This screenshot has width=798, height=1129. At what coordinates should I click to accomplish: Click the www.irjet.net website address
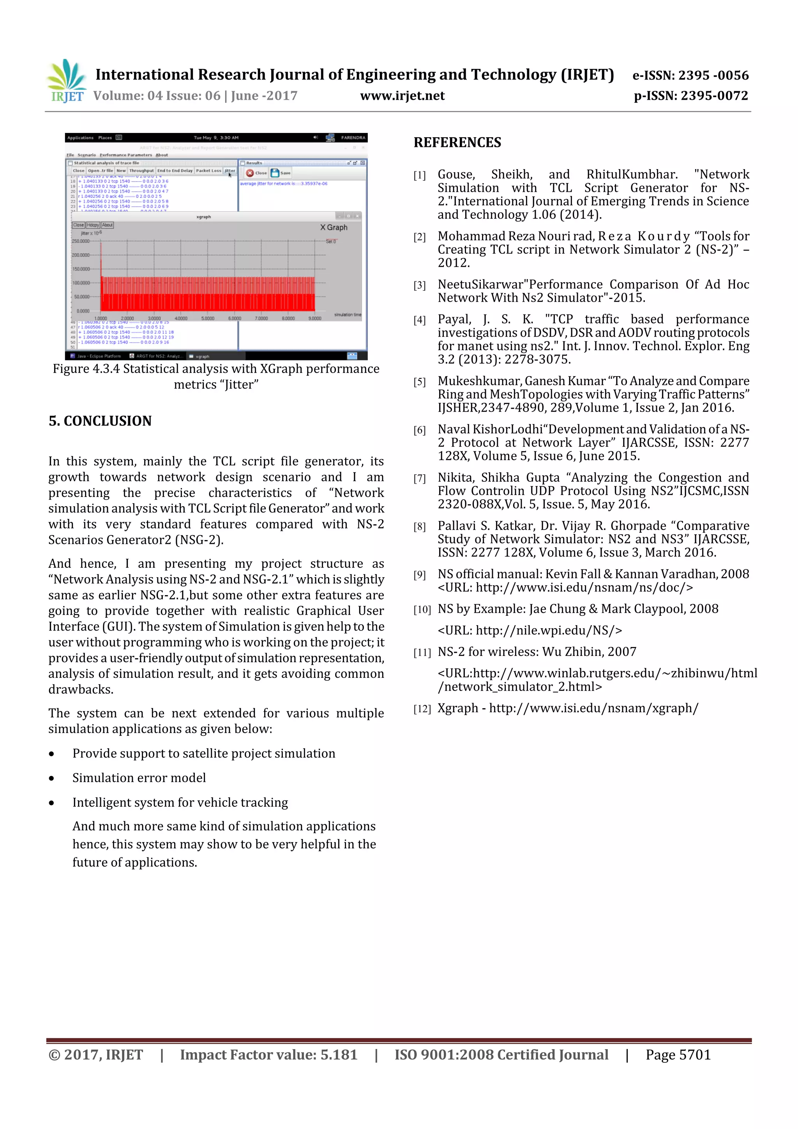click(402, 96)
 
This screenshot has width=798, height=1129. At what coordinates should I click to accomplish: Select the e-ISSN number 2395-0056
click(713, 75)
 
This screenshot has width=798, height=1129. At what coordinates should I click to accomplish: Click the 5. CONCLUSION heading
click(100, 421)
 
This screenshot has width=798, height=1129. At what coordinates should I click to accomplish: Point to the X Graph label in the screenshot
click(334, 227)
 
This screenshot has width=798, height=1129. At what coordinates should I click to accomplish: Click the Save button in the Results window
click(281, 173)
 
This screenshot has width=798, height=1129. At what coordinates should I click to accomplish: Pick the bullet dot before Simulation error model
click(51, 778)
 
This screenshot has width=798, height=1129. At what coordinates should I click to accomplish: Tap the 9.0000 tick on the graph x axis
click(315, 318)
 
